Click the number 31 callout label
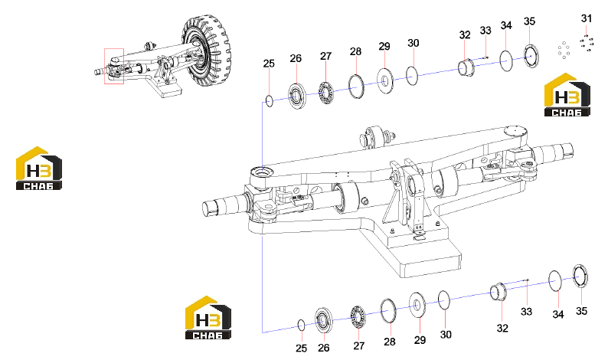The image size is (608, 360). pyautogui.click(x=587, y=18)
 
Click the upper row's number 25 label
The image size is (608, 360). pyautogui.click(x=269, y=64)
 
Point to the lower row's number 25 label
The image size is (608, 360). pyautogui.click(x=301, y=349)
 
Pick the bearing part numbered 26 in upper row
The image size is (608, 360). pyautogui.click(x=296, y=96)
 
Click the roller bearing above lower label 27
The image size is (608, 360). pyautogui.click(x=358, y=318)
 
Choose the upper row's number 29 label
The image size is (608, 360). pyautogui.click(x=384, y=47)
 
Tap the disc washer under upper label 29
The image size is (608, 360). pyautogui.click(x=385, y=80)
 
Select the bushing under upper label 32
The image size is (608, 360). pyautogui.click(x=466, y=67)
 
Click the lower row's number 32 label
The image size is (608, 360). pyautogui.click(x=502, y=328)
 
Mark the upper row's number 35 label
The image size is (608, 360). pyautogui.click(x=529, y=21)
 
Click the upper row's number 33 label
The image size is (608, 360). pyautogui.click(x=485, y=31)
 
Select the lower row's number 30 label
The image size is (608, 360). pyautogui.click(x=446, y=335)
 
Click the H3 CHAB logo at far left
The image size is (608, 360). pyautogui.click(x=39, y=169)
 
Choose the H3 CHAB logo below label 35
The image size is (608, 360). pyautogui.click(x=567, y=95)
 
